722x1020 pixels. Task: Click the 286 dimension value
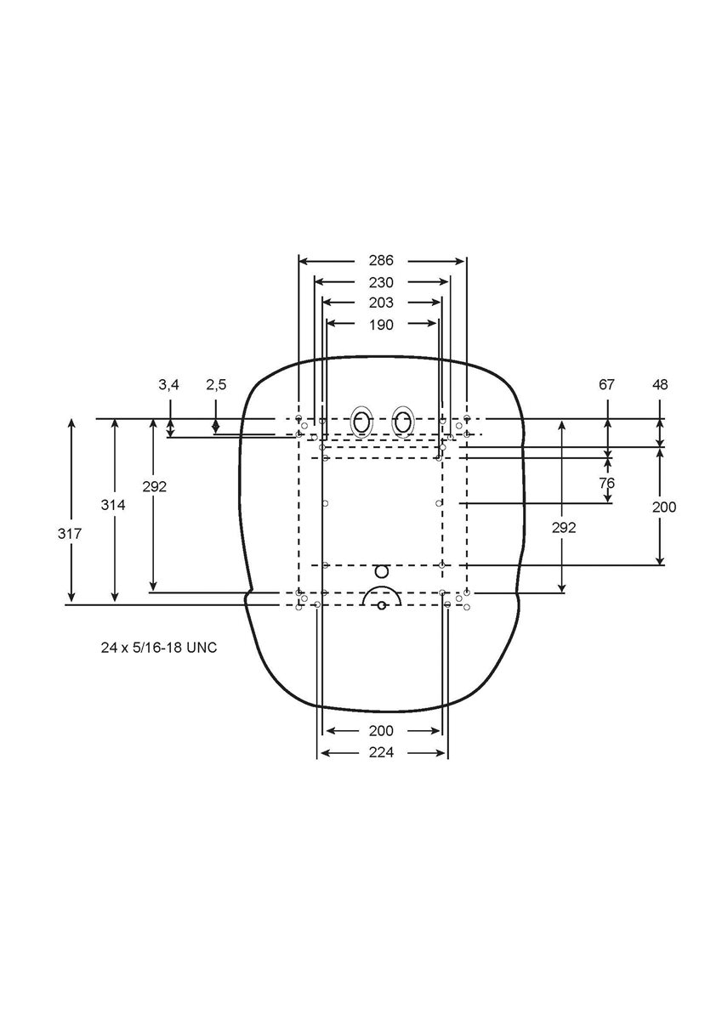tap(381, 260)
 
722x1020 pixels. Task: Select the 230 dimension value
tap(381, 283)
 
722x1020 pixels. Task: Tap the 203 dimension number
tap(381, 303)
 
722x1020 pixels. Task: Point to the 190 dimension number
tap(381, 325)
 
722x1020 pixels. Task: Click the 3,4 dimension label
tap(168, 385)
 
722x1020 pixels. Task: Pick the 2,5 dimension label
tap(216, 385)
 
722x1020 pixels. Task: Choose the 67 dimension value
tap(606, 385)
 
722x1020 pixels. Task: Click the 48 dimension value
tap(660, 385)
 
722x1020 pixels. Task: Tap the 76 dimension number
tap(606, 483)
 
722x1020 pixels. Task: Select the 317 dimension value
tap(70, 534)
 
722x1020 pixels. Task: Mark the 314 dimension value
tap(113, 505)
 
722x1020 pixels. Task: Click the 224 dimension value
tap(381, 752)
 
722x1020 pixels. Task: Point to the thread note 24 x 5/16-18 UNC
tap(159, 648)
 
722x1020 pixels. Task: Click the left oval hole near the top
tap(361, 422)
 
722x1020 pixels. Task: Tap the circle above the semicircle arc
tap(382, 571)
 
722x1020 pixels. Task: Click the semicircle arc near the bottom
tap(382, 587)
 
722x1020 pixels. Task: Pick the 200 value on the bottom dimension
tap(381, 731)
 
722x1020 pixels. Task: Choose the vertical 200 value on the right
tap(664, 507)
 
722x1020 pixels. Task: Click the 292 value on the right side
tap(564, 528)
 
